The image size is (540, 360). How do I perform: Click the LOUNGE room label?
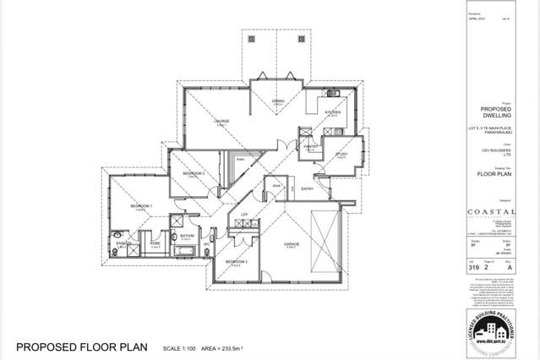pyautogui.click(x=222, y=121)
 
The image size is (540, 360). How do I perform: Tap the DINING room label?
pyautogui.click(x=277, y=101)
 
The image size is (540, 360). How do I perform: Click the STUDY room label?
pyautogui.click(x=341, y=154)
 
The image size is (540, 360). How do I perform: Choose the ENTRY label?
pyautogui.click(x=307, y=189)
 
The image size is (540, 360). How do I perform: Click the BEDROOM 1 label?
pyautogui.click(x=140, y=206)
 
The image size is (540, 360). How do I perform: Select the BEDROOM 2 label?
pyautogui.click(x=194, y=172)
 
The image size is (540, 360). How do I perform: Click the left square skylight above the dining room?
pyautogui.click(x=251, y=39)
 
